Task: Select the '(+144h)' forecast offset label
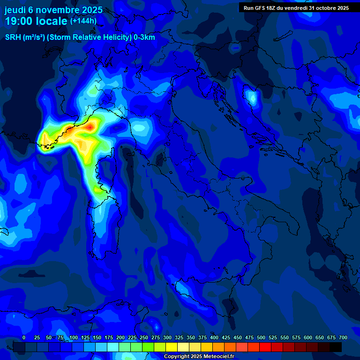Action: coord(83,21)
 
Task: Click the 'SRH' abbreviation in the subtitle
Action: coord(13,37)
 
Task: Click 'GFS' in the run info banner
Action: coord(261,8)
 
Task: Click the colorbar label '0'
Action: coord(24,338)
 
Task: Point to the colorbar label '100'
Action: coord(74,338)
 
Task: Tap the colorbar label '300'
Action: coord(167,338)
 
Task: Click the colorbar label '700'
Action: coord(343,338)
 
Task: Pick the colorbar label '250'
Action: coord(144,338)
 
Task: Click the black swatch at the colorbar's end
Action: coord(336,347)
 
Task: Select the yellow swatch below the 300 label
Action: coord(172,347)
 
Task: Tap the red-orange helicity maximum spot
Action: coord(89,127)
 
